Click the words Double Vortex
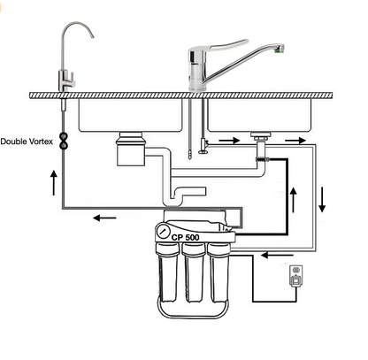27,142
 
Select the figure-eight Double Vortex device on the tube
65,141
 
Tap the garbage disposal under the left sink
132,150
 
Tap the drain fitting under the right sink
260,142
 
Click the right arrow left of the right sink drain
228,139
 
